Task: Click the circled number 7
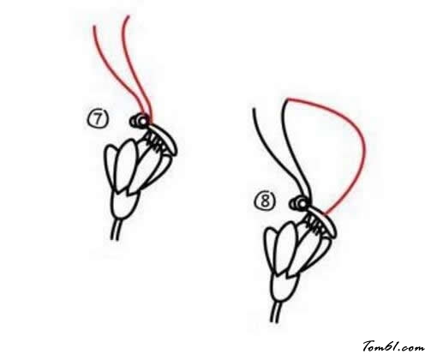(97, 119)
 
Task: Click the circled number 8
(266, 201)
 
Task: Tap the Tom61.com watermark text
(393, 346)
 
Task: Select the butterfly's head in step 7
(140, 121)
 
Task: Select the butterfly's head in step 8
(300, 203)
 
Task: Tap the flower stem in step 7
(116, 230)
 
